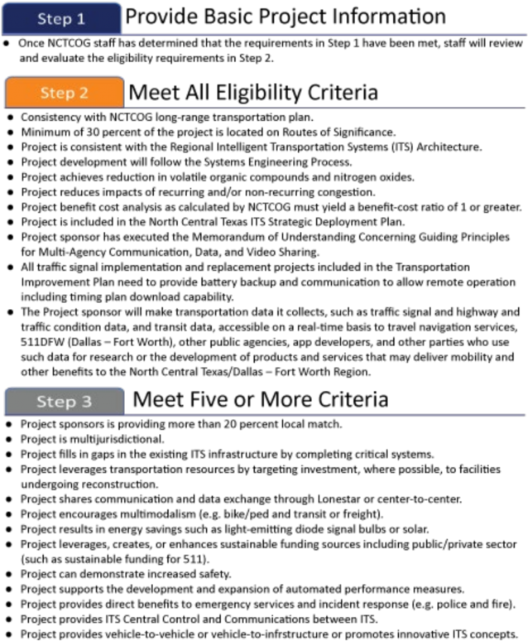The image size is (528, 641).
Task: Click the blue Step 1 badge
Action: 62,18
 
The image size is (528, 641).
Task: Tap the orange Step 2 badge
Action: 65,93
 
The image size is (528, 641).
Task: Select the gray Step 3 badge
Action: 65,402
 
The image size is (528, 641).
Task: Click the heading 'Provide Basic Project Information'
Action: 286,17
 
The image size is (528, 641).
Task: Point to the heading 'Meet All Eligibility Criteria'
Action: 253,93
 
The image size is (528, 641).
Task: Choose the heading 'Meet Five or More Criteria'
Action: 261,399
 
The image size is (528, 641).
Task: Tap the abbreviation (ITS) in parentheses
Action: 403,147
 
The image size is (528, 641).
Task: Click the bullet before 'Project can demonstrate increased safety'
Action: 9,575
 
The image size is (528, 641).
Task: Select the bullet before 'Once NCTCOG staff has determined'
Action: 6,43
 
